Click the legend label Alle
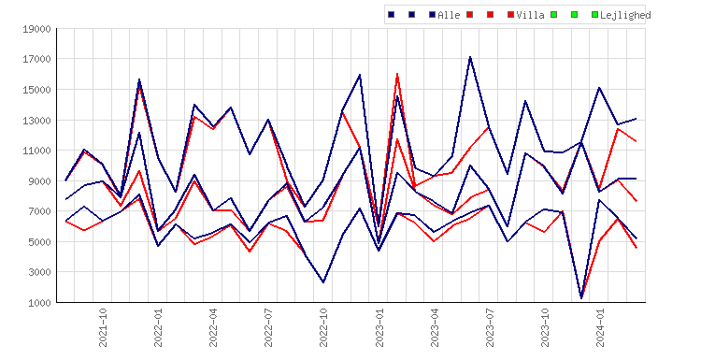tap(449, 15)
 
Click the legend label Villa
tap(530, 15)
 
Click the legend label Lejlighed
tap(625, 16)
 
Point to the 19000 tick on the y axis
tap(37, 30)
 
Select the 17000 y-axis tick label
tap(37, 59)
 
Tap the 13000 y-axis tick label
tap(37, 121)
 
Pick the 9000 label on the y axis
tap(40, 181)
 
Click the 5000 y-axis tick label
tap(40, 242)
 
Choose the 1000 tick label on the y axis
tap(40, 303)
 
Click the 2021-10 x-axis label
tap(103, 327)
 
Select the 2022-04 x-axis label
tap(213, 327)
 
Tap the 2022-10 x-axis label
tap(323, 327)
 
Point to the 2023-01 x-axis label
tap(379, 327)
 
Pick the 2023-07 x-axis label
tap(490, 327)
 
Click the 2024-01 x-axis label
tap(600, 327)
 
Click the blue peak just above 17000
tap(470, 57)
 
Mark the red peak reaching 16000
tap(397, 74)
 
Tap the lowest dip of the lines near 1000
tap(581, 298)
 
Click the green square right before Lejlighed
tap(594, 15)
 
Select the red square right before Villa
tap(510, 15)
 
